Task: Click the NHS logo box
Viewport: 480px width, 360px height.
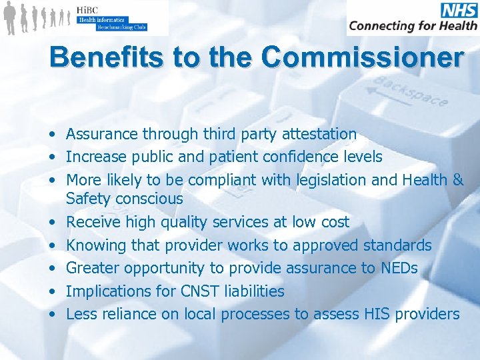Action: [459, 10]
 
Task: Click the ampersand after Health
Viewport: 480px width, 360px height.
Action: [457, 179]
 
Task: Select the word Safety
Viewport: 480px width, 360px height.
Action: [89, 199]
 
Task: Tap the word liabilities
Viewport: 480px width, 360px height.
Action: [251, 291]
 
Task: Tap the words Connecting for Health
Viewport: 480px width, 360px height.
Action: [413, 26]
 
